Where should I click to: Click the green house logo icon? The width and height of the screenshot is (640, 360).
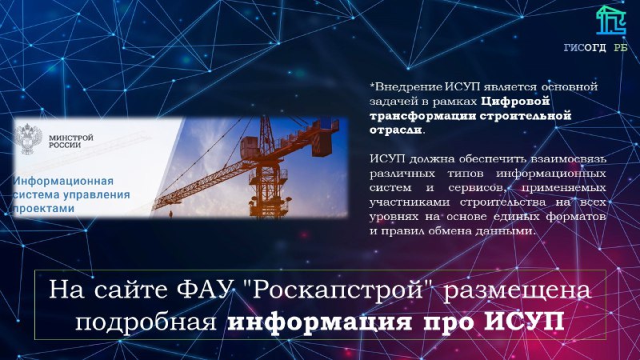tap(610, 21)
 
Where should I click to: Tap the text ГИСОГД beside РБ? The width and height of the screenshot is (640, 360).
tap(585, 48)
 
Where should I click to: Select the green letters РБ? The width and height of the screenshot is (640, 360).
tap(621, 48)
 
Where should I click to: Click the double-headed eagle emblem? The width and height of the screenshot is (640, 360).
tap(28, 139)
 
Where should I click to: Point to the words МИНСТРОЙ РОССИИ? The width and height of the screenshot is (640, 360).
tap(71, 142)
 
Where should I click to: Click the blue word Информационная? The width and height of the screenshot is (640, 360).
tap(63, 181)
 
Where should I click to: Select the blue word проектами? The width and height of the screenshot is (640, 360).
tap(44, 209)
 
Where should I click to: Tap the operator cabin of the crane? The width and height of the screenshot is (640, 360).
tap(249, 148)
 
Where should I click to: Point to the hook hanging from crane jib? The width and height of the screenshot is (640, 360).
tap(170, 212)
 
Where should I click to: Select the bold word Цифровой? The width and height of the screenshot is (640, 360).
tap(515, 102)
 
